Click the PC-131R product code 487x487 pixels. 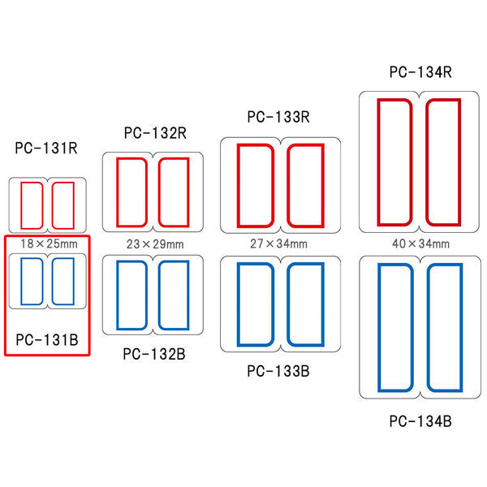coord(46,148)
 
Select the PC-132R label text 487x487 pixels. coord(155,133)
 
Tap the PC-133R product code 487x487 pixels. coord(278,117)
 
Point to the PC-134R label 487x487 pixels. coord(420,72)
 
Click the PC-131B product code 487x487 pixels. coord(47,340)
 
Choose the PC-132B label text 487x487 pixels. coord(154,354)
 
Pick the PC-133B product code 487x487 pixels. coord(278,371)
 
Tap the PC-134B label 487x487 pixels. coord(420,421)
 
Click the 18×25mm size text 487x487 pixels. coord(49,243)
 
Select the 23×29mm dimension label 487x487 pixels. coord(155,244)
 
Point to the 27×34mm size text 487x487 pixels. coord(278,243)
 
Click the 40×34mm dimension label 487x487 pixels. coord(420,243)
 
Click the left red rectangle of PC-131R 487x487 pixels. coord(21,205)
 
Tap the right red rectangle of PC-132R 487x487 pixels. coord(188,192)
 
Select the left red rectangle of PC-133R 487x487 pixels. coord(238,186)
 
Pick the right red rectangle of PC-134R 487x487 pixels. coord(459,162)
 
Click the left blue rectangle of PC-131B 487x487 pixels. coord(21,282)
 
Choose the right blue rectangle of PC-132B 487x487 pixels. coord(188,295)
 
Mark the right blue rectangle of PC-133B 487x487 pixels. coord(323,304)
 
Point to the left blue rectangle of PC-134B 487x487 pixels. coord(379,328)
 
